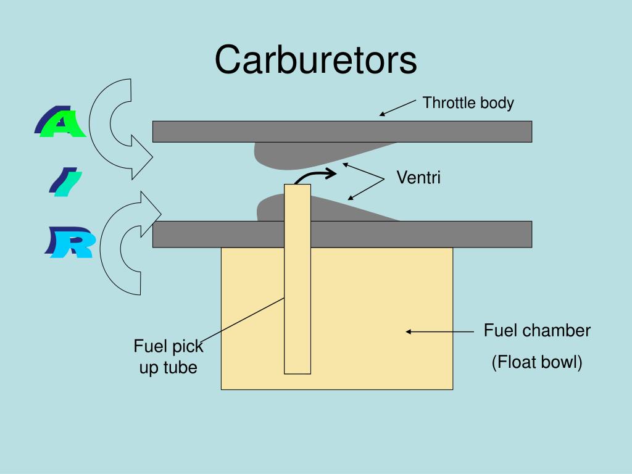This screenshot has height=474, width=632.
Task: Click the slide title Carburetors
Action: coord(315,60)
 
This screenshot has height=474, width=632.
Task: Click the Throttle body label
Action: coord(468,103)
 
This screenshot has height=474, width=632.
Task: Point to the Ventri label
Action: coord(418,177)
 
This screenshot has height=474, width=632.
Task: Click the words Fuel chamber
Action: coord(537,331)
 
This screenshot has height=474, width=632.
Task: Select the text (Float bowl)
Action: coord(537,362)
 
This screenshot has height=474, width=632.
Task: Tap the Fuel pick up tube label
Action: coord(168,357)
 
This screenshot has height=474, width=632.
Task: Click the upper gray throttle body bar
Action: coord(342,131)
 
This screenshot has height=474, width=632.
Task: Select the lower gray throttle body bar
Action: coord(342,234)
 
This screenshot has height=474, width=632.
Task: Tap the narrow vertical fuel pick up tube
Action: coord(297,279)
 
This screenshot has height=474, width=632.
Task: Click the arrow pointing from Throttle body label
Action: coord(397,108)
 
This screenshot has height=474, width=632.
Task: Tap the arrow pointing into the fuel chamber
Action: coord(439,331)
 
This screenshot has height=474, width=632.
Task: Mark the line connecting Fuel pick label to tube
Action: coord(242,321)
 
